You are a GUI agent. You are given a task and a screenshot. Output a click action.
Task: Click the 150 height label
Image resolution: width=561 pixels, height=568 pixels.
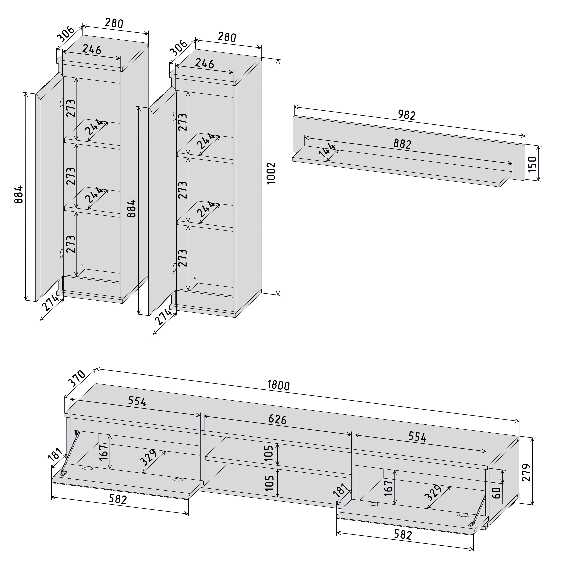[x=532, y=164]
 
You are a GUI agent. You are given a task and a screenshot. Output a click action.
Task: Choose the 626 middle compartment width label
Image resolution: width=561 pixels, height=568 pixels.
[x=277, y=419]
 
